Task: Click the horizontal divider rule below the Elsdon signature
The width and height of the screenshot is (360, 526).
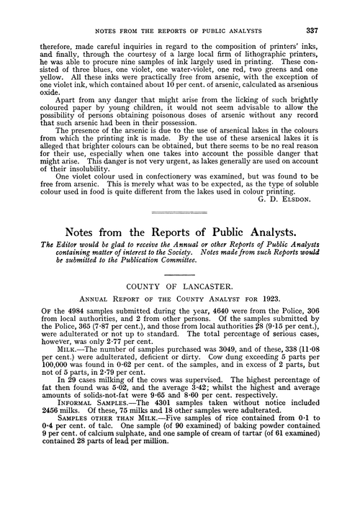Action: [x=179, y=212]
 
